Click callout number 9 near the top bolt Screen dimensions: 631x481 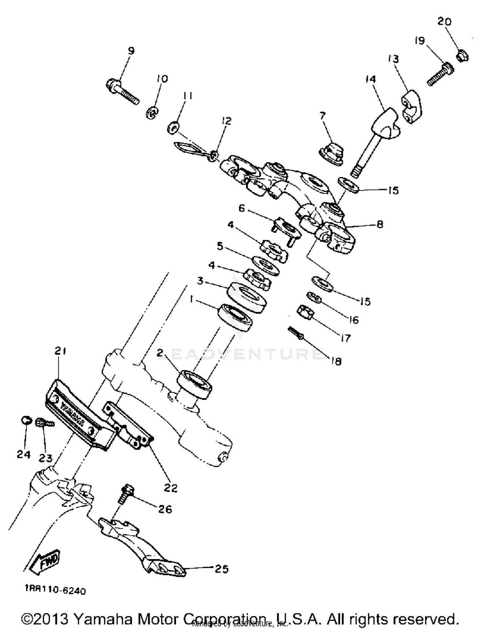[x=131, y=51]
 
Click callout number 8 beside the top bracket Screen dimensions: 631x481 [x=380, y=225]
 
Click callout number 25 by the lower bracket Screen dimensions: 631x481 [x=221, y=569]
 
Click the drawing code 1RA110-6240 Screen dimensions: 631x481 [x=55, y=590]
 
